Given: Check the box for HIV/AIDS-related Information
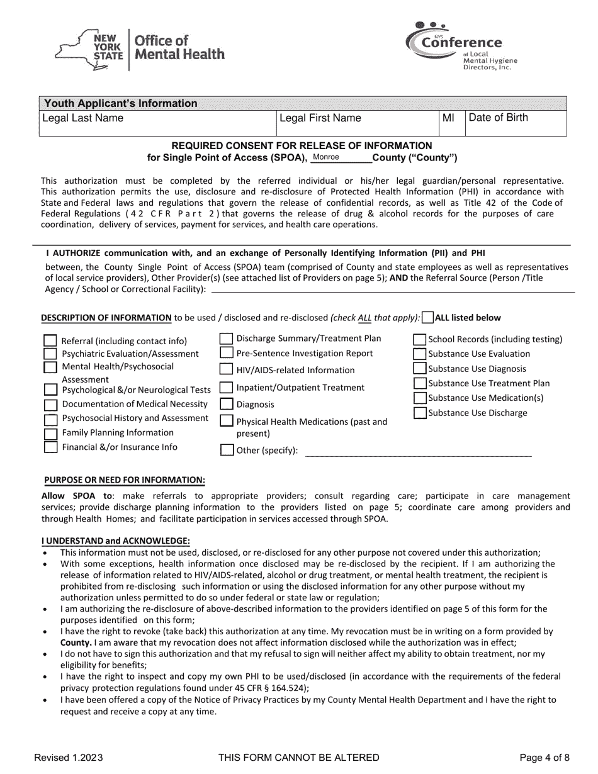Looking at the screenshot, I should point(226,369).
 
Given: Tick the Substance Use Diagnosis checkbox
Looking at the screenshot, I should point(420,369).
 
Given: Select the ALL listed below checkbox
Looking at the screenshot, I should point(427,318).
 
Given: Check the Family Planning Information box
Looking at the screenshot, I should point(50,434).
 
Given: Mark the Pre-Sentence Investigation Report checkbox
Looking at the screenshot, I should point(226,354).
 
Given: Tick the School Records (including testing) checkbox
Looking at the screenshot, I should point(420,340).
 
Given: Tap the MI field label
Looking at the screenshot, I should point(449,118).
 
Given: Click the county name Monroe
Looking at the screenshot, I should point(326,157).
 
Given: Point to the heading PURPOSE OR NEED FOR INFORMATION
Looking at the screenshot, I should point(124,480).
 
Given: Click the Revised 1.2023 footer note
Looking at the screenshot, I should point(69,757).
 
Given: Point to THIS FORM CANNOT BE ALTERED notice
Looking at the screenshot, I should point(298,757).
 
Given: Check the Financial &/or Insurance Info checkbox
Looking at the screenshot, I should point(50,447).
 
